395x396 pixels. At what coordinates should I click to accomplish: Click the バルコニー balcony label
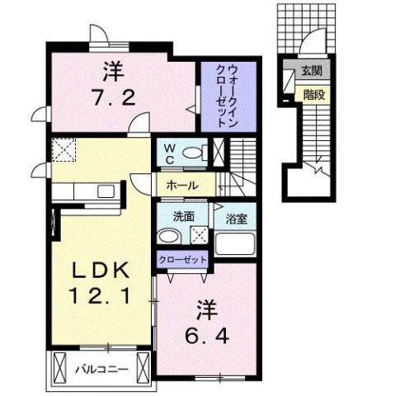coord(104,368)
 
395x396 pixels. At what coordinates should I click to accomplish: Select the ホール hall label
coord(182,185)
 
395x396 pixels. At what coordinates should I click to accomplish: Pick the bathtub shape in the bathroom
coord(237,247)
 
